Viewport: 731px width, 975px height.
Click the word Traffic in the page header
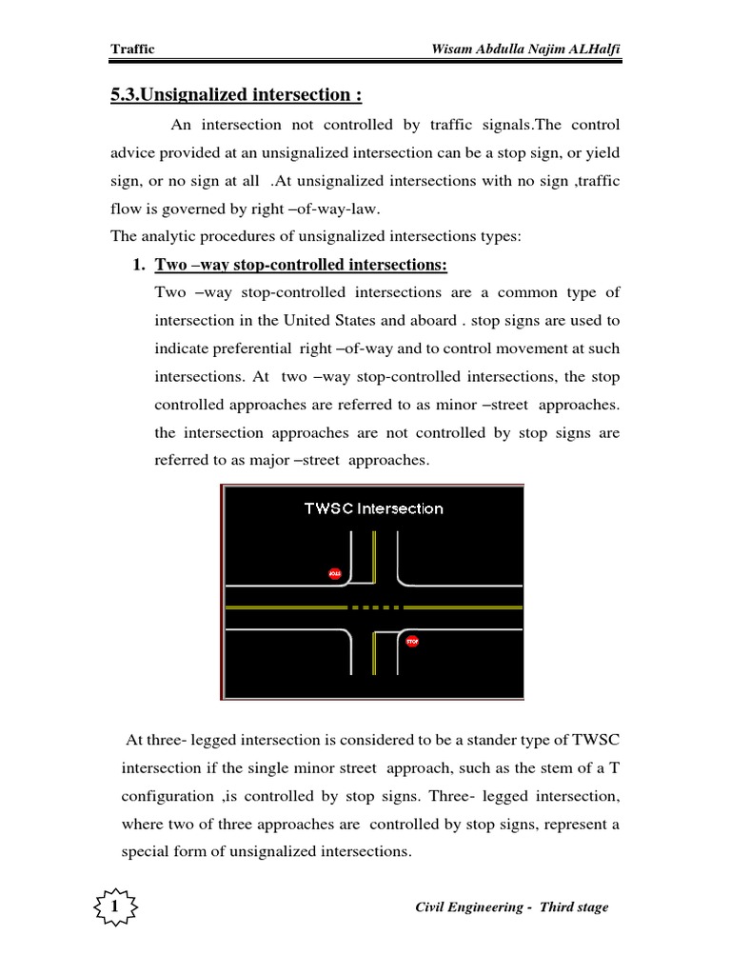pyautogui.click(x=132, y=49)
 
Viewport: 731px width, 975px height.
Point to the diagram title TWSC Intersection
pyautogui.click(x=373, y=508)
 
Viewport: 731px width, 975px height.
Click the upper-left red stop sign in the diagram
pyautogui.click(x=334, y=573)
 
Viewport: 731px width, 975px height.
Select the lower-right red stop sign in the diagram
pyautogui.click(x=412, y=642)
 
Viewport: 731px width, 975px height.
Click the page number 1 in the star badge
pyautogui.click(x=115, y=907)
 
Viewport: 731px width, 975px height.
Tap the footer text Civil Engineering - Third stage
pyautogui.click(x=512, y=907)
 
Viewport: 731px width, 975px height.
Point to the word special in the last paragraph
pyautogui.click(x=144, y=851)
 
